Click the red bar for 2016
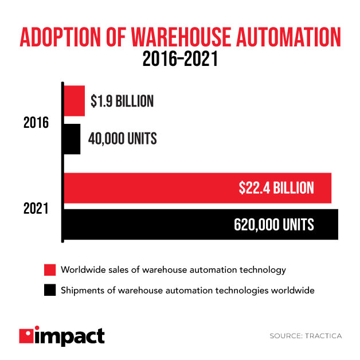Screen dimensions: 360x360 [74, 101]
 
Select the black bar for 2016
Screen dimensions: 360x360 [72, 139]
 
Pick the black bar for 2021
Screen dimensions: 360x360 [201, 224]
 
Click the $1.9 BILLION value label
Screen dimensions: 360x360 [122, 101]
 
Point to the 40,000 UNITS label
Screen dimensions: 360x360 [123, 139]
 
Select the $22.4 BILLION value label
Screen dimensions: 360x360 [276, 188]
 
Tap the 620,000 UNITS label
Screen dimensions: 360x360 [273, 225]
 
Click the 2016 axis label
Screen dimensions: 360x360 [36, 122]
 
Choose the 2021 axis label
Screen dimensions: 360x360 [36, 209]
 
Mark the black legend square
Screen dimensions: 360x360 [49, 290]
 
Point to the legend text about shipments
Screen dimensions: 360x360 [187, 290]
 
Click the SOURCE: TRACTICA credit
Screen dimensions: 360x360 [305, 336]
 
